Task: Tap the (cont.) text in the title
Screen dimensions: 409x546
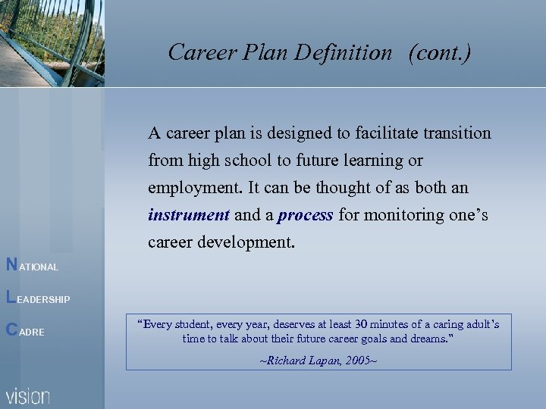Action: click(x=439, y=52)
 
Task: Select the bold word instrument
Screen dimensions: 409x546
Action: click(x=188, y=215)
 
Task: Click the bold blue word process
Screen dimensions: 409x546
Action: click(x=305, y=215)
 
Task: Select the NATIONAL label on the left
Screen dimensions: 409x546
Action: click(x=32, y=266)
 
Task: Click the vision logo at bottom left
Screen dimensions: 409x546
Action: click(x=28, y=395)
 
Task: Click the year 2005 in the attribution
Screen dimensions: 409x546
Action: click(x=356, y=361)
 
